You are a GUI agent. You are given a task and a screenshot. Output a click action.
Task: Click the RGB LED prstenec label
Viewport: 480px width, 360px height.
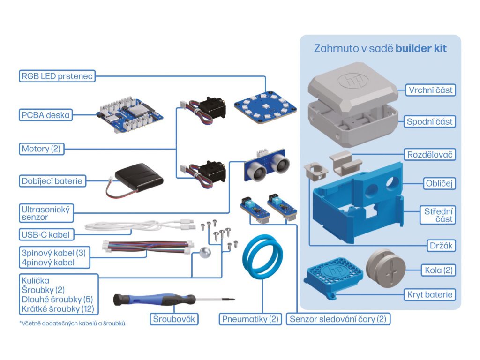tap(57, 75)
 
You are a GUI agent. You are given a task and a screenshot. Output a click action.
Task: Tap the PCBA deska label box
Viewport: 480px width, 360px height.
tap(45, 114)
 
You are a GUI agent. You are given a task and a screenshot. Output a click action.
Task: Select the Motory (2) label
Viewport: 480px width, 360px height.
tap(42, 149)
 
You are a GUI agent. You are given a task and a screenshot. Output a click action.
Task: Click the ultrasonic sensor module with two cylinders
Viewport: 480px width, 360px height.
tap(265, 165)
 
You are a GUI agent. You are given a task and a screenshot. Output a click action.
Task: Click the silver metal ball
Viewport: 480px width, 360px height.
tap(205, 252)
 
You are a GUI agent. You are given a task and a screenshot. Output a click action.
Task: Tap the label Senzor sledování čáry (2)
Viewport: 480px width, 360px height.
tap(338, 319)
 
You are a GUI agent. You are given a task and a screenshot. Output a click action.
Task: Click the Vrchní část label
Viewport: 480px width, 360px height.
tap(431, 90)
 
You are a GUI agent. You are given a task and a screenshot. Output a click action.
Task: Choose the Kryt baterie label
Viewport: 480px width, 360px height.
tap(430, 294)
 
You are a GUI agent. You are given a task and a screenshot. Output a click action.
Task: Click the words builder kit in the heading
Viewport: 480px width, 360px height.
tap(421, 48)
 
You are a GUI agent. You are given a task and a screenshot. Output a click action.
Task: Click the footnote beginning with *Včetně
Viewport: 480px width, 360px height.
tap(73, 323)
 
